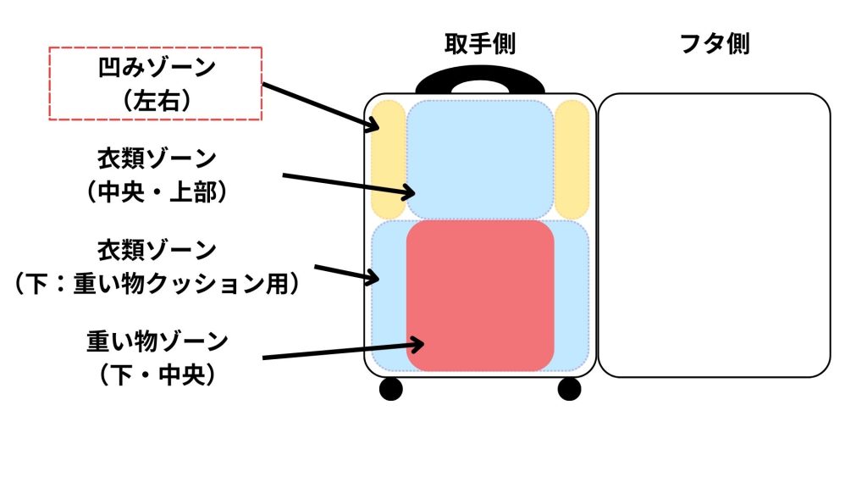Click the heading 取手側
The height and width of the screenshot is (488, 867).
(480, 44)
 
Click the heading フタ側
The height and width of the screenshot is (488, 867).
(715, 44)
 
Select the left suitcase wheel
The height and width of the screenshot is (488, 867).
(390, 389)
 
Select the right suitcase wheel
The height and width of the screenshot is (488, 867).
(570, 389)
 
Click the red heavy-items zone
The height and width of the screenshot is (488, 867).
(480, 296)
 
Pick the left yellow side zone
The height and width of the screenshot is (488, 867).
(389, 158)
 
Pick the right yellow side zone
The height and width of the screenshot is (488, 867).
(572, 158)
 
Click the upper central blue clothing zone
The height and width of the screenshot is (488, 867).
(480, 158)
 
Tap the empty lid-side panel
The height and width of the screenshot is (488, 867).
(714, 235)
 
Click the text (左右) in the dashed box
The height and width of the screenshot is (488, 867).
(154, 100)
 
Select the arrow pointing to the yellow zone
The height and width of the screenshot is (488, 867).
(321, 107)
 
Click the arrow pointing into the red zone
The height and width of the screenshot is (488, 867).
(343, 351)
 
